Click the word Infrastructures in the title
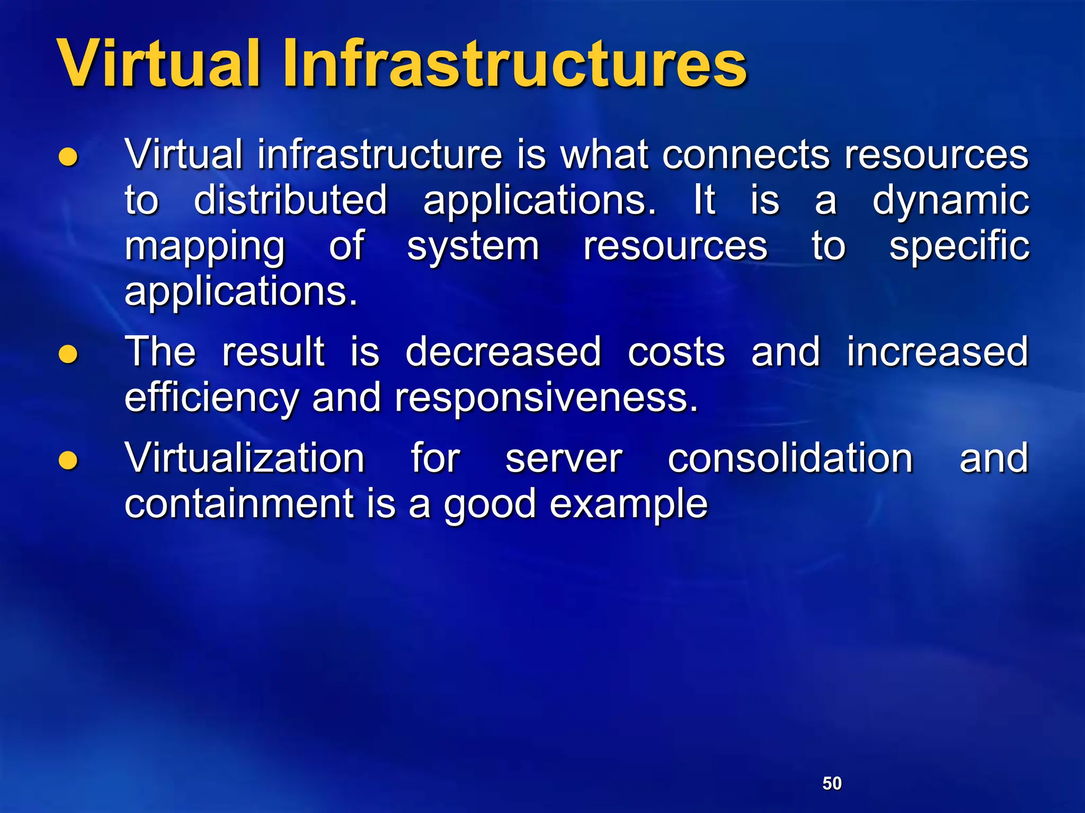click(514, 65)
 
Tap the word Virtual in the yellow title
click(159, 65)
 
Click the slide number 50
click(832, 783)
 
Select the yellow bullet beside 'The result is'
click(68, 354)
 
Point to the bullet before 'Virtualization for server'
click(68, 460)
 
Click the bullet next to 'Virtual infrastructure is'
click(68, 157)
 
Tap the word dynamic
click(950, 202)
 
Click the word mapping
click(205, 248)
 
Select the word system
click(473, 248)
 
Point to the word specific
click(959, 248)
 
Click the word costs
click(676, 353)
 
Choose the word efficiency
click(211, 398)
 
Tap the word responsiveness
click(546, 398)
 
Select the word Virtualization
click(245, 458)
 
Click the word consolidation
click(790, 458)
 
